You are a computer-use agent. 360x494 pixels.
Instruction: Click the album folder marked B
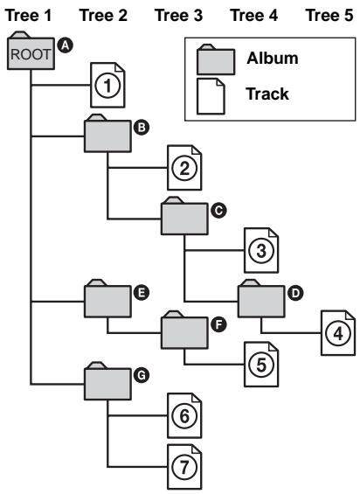[x=107, y=136]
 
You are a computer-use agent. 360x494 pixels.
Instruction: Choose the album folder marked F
[x=184, y=331]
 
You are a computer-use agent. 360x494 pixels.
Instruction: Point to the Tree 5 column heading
[x=336, y=13]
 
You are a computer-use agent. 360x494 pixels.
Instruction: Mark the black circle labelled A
[x=63, y=38]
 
